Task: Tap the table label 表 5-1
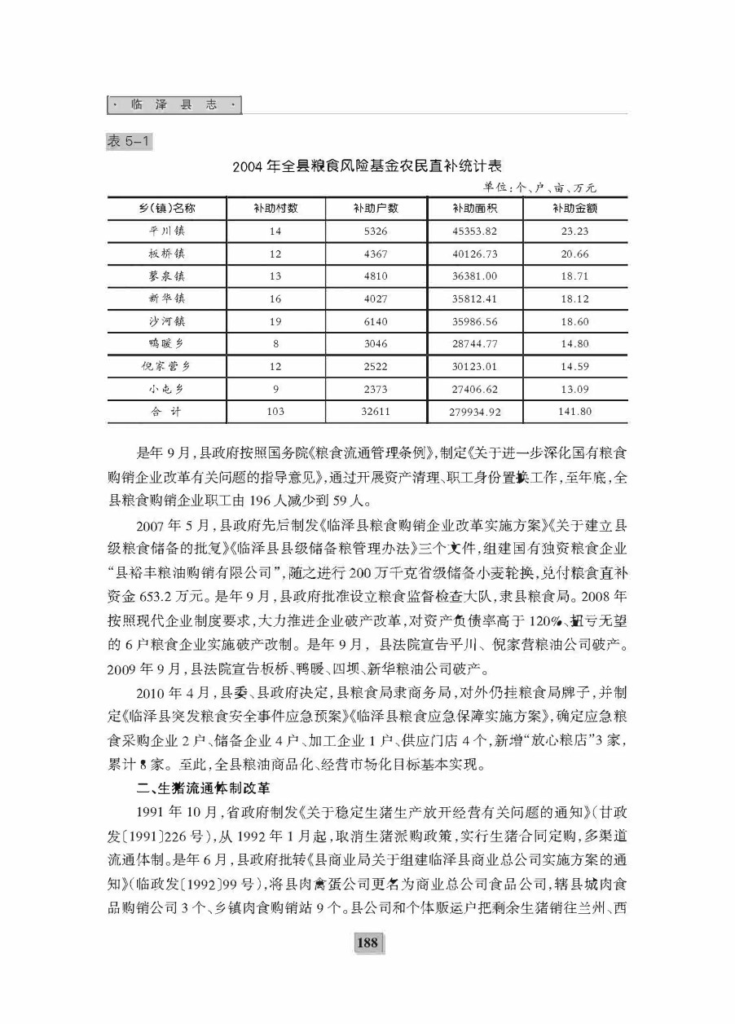pyautogui.click(x=125, y=142)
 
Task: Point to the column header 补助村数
pyautogui.click(x=276, y=208)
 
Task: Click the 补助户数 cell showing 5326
pyautogui.click(x=376, y=231)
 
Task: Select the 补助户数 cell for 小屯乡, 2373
pyautogui.click(x=376, y=389)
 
